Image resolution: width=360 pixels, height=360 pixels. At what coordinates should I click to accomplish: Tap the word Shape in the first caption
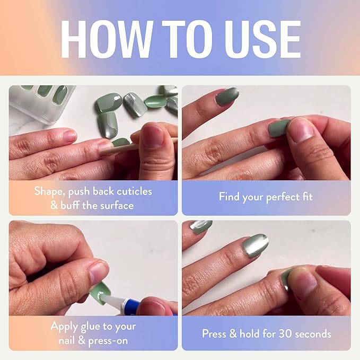coord(48,190)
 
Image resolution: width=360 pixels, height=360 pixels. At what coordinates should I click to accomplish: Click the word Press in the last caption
coord(216,333)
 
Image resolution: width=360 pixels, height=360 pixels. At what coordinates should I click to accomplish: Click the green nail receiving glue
coord(100,289)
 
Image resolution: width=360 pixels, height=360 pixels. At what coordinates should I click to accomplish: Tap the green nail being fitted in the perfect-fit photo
coord(279,128)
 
